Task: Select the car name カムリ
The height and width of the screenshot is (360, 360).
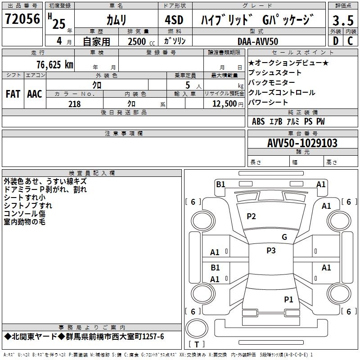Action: tap(116, 20)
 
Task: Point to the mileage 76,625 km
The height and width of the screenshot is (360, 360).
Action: tap(54, 65)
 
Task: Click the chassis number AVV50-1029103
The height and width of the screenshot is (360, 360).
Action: tap(302, 143)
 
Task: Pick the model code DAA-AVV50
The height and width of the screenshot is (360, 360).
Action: tap(258, 41)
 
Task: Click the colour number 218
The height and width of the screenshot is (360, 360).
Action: tap(75, 104)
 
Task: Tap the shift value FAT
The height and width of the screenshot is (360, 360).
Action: tap(13, 94)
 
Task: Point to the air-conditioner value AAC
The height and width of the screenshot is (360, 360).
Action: tap(35, 94)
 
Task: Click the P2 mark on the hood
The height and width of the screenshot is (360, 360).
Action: tap(251, 216)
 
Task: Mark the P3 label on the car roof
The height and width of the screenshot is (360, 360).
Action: tap(271, 251)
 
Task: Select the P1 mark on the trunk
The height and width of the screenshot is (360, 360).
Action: tap(288, 299)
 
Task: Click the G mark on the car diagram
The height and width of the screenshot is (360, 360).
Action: tap(284, 237)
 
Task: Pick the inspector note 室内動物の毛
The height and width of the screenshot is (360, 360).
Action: tap(24, 222)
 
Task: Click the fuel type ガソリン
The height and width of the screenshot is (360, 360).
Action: tap(175, 41)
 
